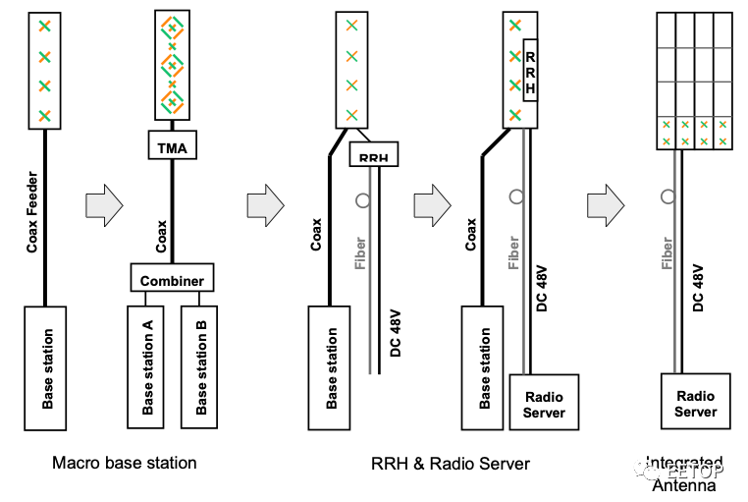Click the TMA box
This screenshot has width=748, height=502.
click(172, 147)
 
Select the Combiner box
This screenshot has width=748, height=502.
click(172, 279)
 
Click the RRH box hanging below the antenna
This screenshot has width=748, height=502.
click(374, 155)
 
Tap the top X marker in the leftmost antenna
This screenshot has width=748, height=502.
click(43, 25)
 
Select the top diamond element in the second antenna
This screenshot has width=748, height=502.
click(172, 28)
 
